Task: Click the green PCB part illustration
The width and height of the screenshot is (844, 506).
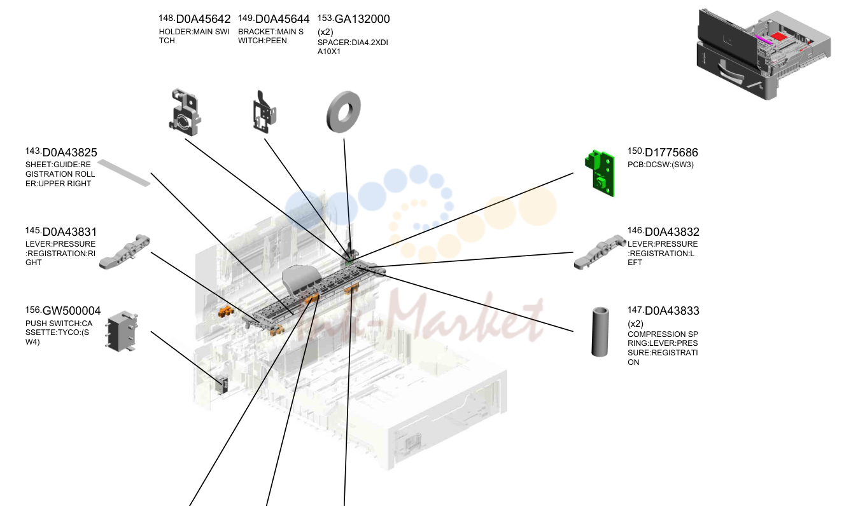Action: click(600, 173)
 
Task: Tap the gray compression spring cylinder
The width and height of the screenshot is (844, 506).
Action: click(600, 332)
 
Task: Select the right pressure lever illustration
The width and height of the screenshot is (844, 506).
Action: click(124, 252)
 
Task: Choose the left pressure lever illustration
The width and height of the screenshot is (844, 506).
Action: click(600, 252)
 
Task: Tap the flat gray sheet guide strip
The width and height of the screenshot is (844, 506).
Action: click(124, 173)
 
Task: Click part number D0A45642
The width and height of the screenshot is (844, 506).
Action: click(203, 19)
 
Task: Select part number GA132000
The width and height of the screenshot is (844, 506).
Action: click(362, 19)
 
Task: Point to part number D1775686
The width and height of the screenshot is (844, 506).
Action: click(671, 153)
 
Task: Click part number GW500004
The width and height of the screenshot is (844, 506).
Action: click(71, 311)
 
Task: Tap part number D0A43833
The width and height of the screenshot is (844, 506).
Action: click(672, 311)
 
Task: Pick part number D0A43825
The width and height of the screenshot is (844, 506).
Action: click(70, 153)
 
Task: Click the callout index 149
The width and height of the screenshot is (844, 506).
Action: click(246, 18)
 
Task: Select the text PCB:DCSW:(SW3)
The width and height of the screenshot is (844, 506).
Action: click(661, 165)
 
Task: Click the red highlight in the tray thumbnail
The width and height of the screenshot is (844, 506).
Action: click(779, 37)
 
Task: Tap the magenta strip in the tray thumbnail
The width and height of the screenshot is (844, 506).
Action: click(764, 39)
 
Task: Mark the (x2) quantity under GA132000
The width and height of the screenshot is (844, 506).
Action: click(325, 32)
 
